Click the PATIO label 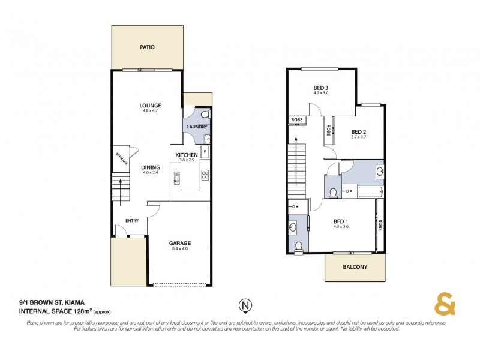pos(148,46)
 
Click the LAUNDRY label pos(197,127)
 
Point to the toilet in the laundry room pos(205,113)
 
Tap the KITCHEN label pos(186,155)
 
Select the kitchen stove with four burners pos(205,175)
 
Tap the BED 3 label pos(320,88)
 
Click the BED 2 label pos(358,131)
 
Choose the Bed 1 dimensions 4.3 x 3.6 pos(341,226)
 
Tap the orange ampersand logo pos(445,305)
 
